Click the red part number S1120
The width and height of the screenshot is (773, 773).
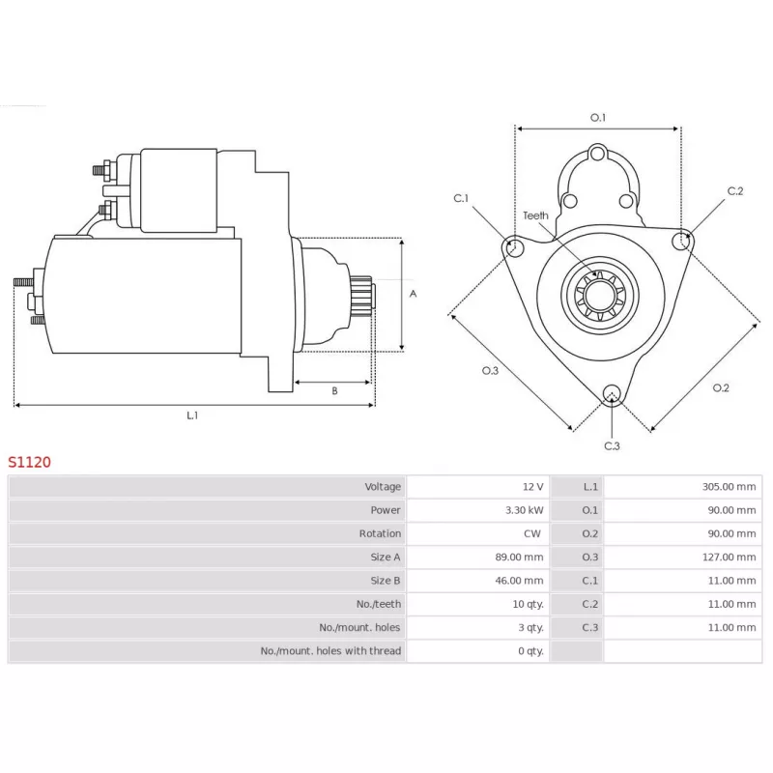coord(29,462)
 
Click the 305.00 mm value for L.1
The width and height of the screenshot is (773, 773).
coord(729,487)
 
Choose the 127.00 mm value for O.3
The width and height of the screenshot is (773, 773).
coord(729,558)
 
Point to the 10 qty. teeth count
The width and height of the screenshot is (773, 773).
coord(527,604)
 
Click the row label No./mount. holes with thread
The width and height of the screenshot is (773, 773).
coord(330,651)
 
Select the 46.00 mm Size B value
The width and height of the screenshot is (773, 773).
coord(519,581)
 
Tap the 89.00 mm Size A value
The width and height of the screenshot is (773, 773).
coord(519,558)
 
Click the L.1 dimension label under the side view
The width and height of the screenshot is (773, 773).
coord(192,415)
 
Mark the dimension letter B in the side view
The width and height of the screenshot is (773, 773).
coord(334,391)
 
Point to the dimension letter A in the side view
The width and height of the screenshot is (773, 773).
coord(413,293)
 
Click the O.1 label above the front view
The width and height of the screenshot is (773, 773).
coord(598,118)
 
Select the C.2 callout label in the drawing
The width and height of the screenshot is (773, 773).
coord(735,191)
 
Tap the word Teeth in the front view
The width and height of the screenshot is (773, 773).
coord(535,215)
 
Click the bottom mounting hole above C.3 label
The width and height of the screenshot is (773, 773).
coord(611,392)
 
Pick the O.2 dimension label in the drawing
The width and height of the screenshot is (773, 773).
coord(721,387)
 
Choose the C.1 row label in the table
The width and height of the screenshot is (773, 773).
coord(589,581)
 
